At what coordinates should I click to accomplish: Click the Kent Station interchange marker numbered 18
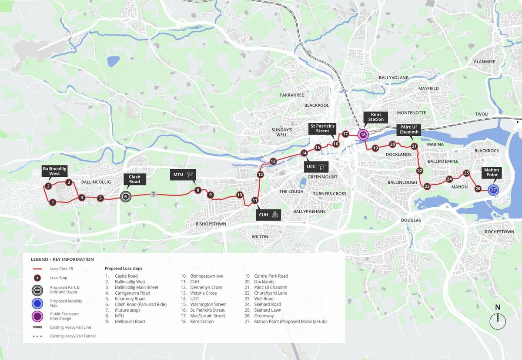pyautogui.click(x=363, y=135)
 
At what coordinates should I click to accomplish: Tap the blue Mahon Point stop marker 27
pyautogui.click(x=493, y=189)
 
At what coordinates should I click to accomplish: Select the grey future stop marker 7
pyautogui.click(x=153, y=194)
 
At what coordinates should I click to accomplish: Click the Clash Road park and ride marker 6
pyautogui.click(x=126, y=196)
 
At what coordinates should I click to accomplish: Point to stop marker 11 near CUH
pyautogui.click(x=255, y=200)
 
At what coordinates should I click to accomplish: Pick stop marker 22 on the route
pyautogui.click(x=419, y=171)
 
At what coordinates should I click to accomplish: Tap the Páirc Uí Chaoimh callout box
pyautogui.click(x=409, y=129)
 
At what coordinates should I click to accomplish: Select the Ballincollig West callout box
pyautogui.click(x=55, y=171)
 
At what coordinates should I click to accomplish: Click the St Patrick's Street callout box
pyautogui.click(x=323, y=128)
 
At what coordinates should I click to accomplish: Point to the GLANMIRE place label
pyautogui.click(x=484, y=62)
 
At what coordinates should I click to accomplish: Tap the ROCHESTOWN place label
pyautogui.click(x=499, y=232)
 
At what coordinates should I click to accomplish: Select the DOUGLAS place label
pyautogui.click(x=411, y=220)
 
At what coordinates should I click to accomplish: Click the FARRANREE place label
pyautogui.click(x=292, y=94)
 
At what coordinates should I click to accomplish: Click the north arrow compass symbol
pyautogui.click(x=498, y=321)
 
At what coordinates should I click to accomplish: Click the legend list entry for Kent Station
pyautogui.click(x=202, y=321)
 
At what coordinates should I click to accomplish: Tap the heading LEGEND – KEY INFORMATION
pyautogui.click(x=62, y=259)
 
